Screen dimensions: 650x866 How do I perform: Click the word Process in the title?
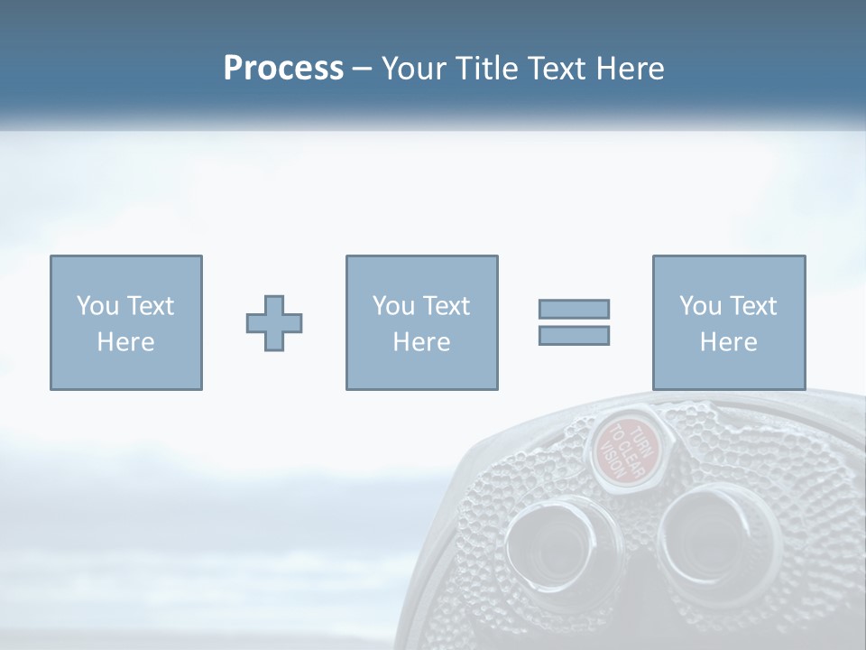tap(283, 69)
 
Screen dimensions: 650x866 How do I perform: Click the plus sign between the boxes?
tap(274, 323)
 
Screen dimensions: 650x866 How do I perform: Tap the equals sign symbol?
tap(575, 322)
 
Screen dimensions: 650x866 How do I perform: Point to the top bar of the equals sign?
tap(575, 310)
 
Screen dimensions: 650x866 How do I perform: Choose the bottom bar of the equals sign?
tap(575, 335)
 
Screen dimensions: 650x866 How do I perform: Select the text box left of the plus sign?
tap(126, 323)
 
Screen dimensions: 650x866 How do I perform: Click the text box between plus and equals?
tap(421, 323)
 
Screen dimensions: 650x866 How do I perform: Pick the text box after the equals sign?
tap(729, 323)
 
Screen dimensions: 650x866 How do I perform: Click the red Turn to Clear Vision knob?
tap(624, 449)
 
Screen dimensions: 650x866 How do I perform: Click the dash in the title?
tap(362, 70)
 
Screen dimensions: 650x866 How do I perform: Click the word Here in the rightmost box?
tap(729, 342)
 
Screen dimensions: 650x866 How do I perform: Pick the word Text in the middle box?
tap(447, 306)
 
